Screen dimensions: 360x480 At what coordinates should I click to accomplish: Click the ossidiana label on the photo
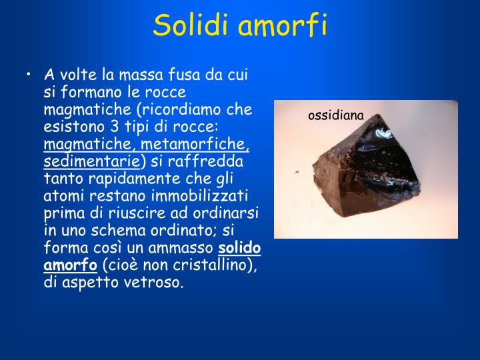coord(336,116)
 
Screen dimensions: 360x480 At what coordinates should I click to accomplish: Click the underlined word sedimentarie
coord(91,162)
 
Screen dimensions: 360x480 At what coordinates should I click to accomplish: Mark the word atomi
coord(63,197)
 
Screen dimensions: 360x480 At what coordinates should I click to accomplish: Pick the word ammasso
coord(184,249)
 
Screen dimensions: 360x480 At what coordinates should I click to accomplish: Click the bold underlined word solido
coord(240,249)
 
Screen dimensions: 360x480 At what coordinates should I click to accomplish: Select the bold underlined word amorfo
coord(71,266)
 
